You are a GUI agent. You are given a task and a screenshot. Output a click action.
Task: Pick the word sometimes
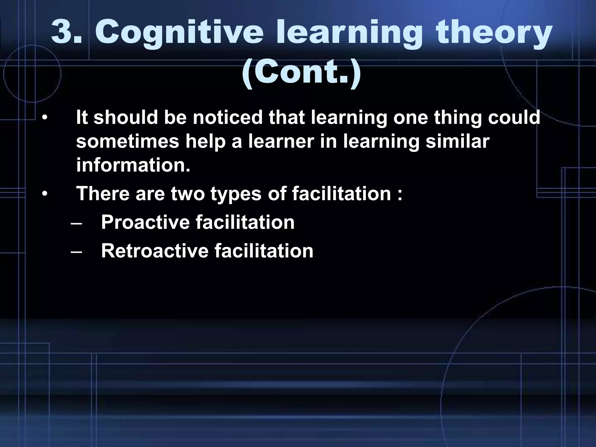[127, 141]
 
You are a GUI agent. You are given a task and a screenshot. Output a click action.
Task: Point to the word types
[236, 194]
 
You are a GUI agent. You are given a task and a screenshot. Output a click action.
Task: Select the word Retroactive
[155, 251]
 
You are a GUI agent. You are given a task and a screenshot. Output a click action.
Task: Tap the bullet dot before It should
[44, 118]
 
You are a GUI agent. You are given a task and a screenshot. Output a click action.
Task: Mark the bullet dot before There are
[44, 194]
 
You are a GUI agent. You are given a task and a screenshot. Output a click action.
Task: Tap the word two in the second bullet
[188, 194]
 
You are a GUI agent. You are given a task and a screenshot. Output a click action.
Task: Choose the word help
[205, 141]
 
